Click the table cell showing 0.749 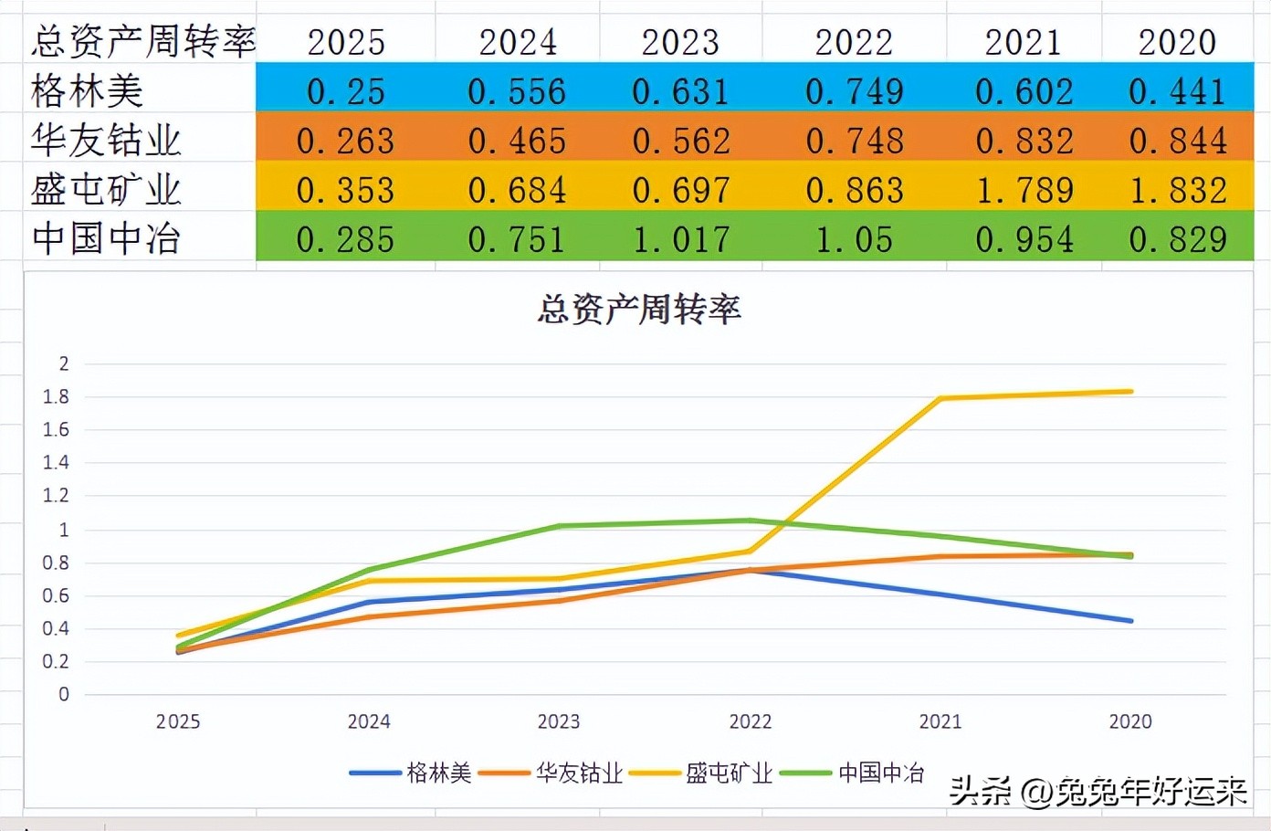(x=854, y=91)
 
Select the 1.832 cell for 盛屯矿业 (x=1177, y=190)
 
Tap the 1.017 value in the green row (x=681, y=239)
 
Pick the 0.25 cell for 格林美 (x=345, y=91)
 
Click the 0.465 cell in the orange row (x=517, y=141)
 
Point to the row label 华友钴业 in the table (x=106, y=141)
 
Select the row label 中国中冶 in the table (x=106, y=239)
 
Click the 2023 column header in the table (x=680, y=42)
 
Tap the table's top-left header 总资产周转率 (x=142, y=42)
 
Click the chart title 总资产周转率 (x=638, y=310)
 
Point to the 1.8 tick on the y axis (x=56, y=396)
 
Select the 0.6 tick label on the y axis (x=56, y=595)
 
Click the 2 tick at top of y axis (x=63, y=363)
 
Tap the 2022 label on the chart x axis (x=750, y=721)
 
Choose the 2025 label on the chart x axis (x=178, y=721)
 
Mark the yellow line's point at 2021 (x=940, y=398)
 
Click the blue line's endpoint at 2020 (x=1131, y=621)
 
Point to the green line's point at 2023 (x=559, y=526)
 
